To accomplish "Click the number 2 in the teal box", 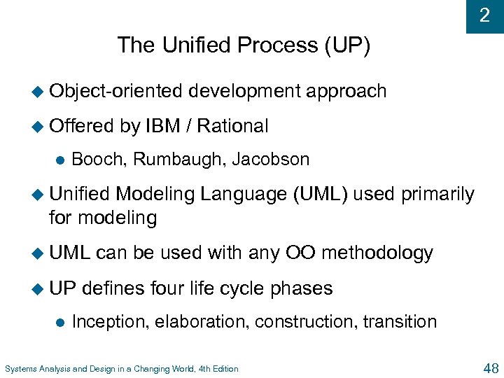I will pyautogui.click(x=484, y=15).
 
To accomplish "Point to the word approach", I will pyautogui.click(x=346, y=91).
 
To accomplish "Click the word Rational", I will pyautogui.click(x=232, y=126).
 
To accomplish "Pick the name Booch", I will pyautogui.click(x=99, y=160).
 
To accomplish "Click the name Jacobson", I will pyautogui.click(x=270, y=160).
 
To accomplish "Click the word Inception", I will pyautogui.click(x=109, y=322).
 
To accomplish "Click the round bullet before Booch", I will pyautogui.click(x=59, y=160).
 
